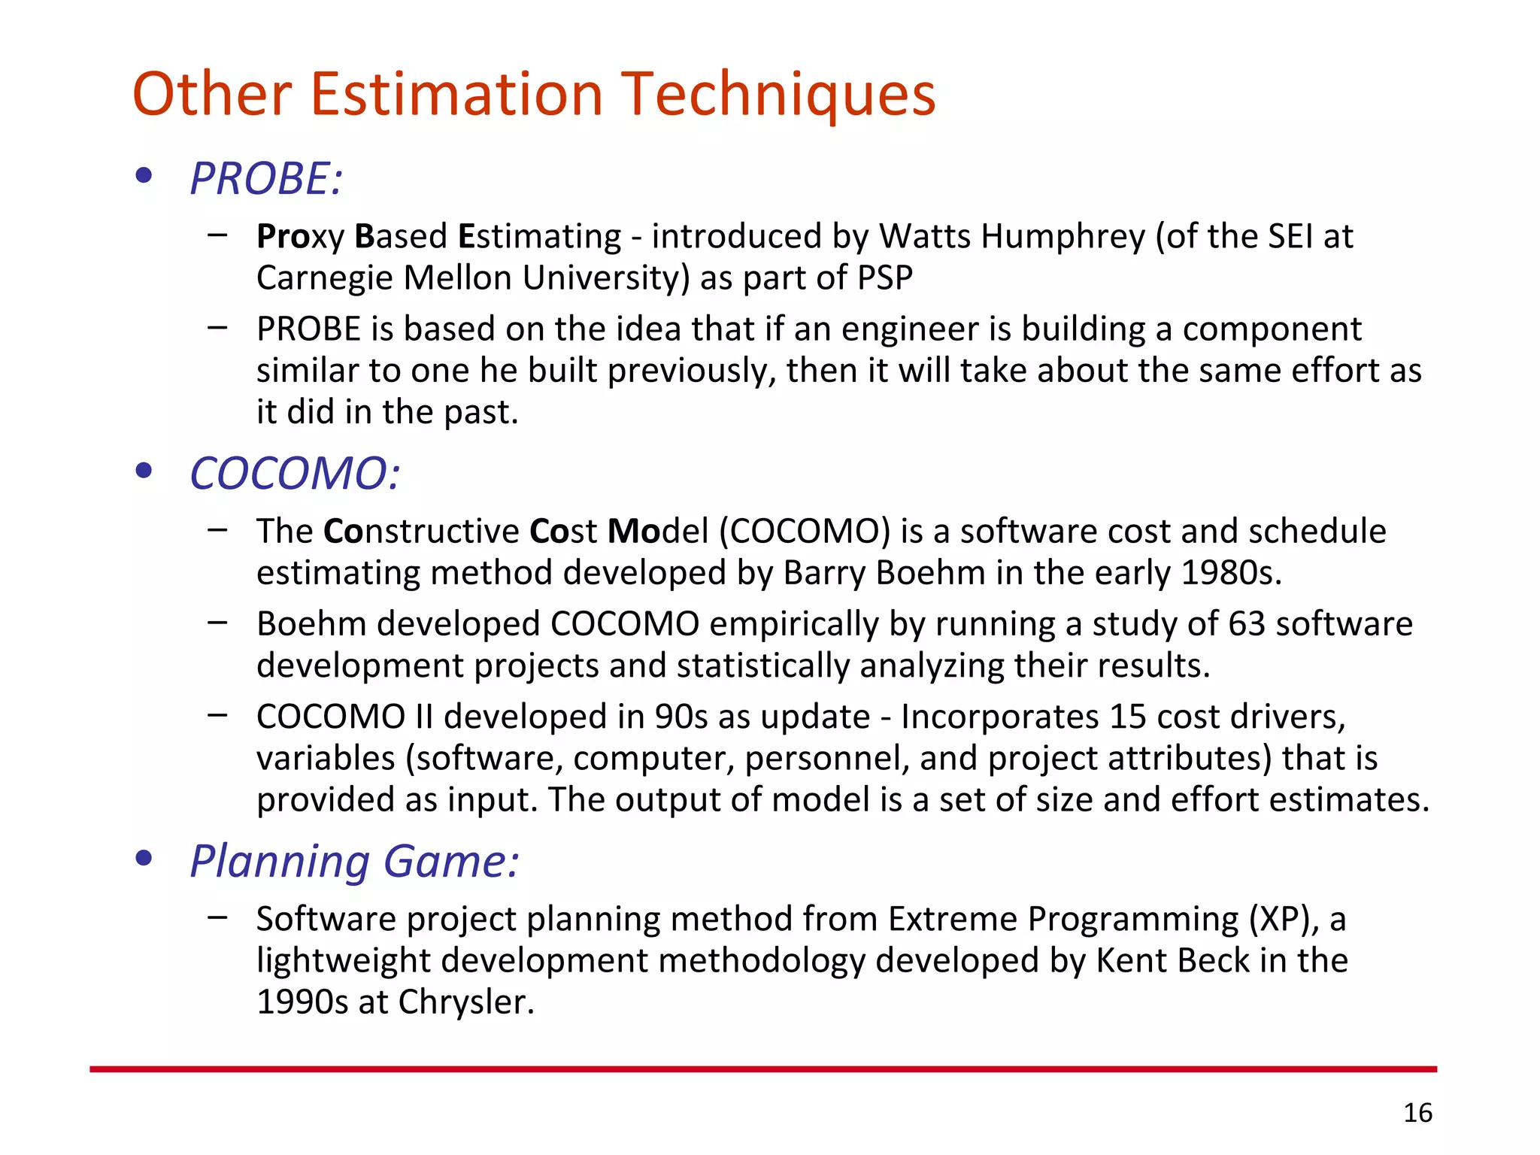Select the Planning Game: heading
(x=354, y=861)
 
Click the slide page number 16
(x=1417, y=1113)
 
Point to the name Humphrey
(x=1063, y=237)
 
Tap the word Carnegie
(x=325, y=278)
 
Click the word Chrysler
(x=465, y=1002)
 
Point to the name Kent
(x=1130, y=961)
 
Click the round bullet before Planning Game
(x=144, y=858)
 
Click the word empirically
(x=793, y=624)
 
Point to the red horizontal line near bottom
(x=762, y=1069)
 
